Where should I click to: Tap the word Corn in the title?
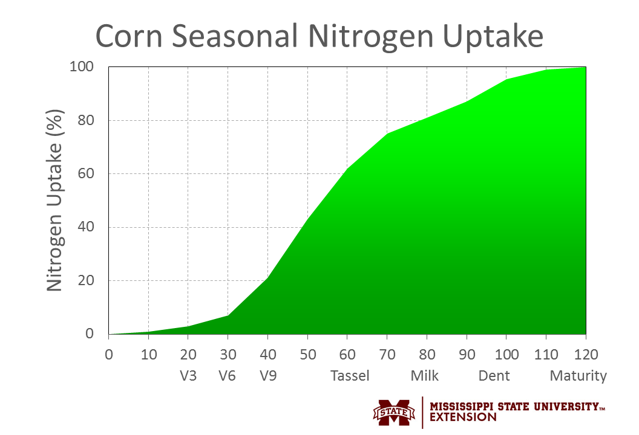pos(129,37)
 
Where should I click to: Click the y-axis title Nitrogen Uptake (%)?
pos(55,200)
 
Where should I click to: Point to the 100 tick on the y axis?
pos(83,66)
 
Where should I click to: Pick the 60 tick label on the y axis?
pos(86,174)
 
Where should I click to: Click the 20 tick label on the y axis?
pos(86,281)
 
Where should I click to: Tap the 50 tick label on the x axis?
pos(307,355)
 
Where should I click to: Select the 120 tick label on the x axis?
pos(585,355)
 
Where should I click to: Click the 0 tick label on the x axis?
pos(109,355)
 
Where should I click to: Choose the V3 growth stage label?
pos(188,376)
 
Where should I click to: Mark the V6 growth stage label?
pos(228,376)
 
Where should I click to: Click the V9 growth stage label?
pos(268,376)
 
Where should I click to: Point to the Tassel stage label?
pos(350,376)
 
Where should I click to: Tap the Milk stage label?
pos(425,376)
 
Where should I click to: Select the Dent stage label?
pos(494,376)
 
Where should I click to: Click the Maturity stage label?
pos(578,376)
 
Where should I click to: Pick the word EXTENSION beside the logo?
pos(464,417)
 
